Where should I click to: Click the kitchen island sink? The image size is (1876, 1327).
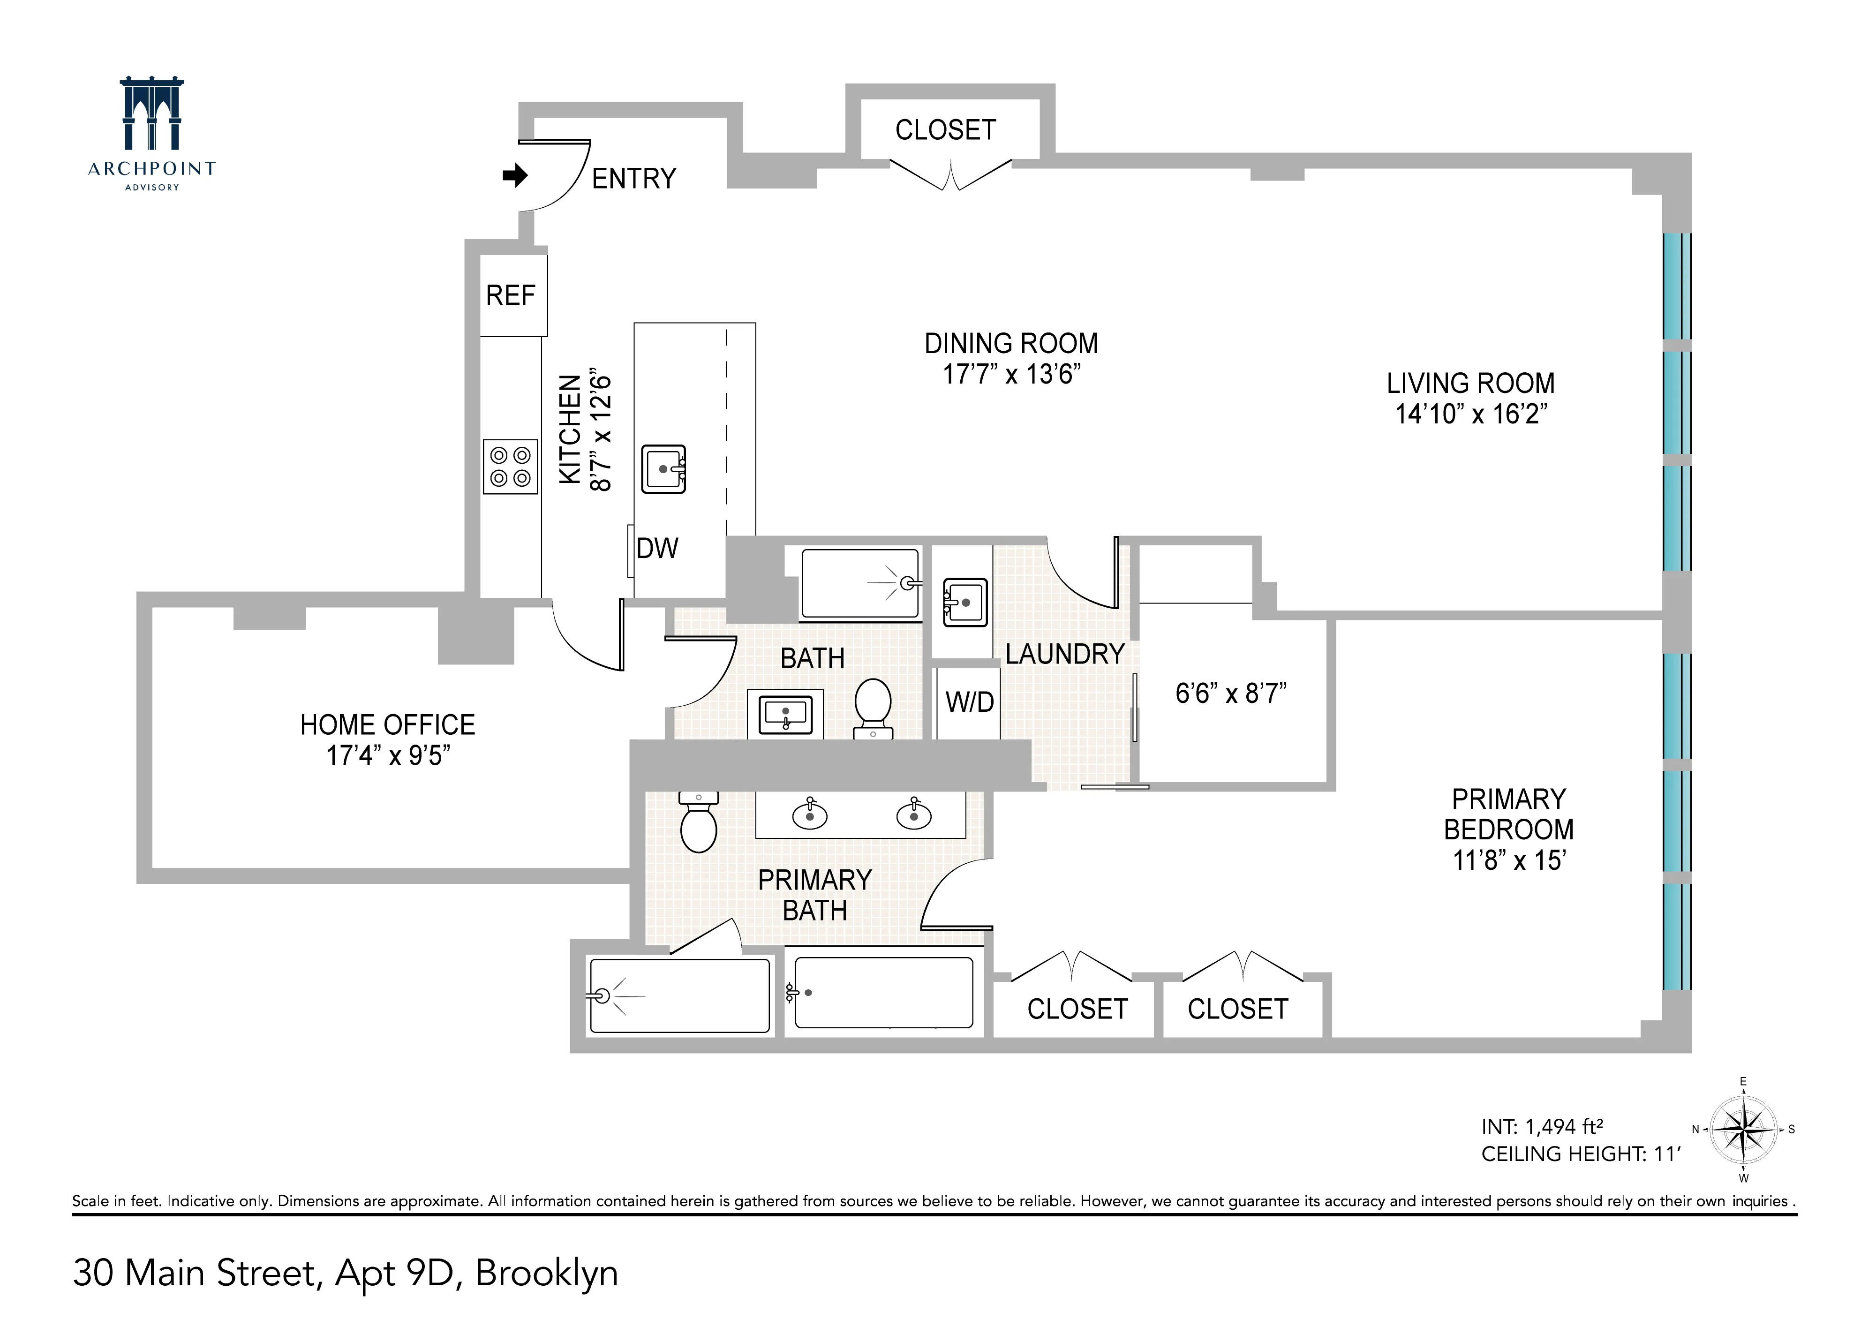663,469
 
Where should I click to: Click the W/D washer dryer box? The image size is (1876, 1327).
969,702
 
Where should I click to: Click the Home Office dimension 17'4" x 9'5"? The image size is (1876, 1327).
388,756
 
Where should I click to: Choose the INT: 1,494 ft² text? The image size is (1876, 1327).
1541,1127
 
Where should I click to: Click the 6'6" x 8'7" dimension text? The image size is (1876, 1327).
1230,694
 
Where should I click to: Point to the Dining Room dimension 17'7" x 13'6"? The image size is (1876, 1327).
1011,374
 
